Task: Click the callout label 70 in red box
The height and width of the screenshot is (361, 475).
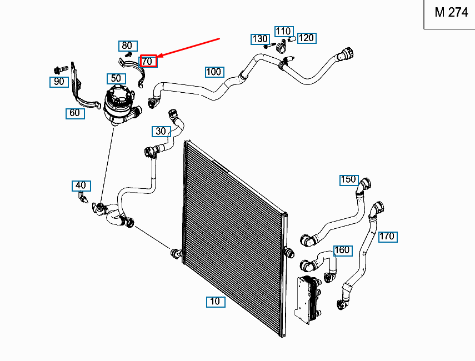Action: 148,61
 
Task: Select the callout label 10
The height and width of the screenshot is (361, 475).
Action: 215,302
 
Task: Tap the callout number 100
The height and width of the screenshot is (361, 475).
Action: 214,72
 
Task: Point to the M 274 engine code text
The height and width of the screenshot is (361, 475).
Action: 451,13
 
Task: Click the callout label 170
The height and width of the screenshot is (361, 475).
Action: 387,237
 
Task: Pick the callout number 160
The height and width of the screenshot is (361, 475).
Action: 342,250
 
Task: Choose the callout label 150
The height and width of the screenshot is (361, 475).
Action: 349,179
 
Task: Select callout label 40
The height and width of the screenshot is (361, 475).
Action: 81,185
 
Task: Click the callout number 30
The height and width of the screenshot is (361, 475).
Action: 161,132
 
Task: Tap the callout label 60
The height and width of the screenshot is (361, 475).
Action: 74,113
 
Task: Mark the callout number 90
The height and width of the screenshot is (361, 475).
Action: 58,82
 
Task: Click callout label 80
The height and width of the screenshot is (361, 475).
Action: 127,46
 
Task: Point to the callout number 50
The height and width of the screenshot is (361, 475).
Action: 116,79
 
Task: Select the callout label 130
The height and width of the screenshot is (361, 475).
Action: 259,39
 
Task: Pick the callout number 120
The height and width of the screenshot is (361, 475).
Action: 306,38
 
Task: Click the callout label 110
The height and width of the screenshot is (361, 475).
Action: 283,31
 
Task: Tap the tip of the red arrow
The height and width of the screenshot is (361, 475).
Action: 159,57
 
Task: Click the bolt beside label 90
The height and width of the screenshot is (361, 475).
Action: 59,69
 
